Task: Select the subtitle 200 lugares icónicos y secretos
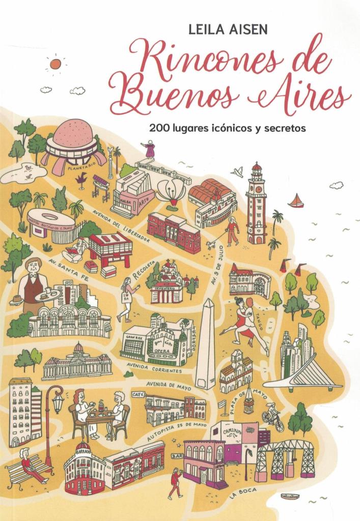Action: [227, 128]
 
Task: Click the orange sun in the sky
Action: [55, 64]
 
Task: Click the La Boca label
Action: [241, 492]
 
